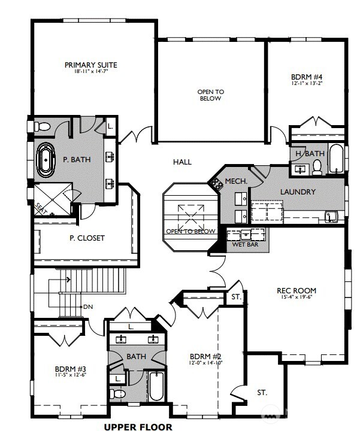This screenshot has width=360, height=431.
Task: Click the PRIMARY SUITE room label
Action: [91, 65]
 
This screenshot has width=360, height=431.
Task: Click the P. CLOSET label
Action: [87, 238]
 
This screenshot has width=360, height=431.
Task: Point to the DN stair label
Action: [88, 307]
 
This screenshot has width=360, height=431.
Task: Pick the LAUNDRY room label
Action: [298, 192]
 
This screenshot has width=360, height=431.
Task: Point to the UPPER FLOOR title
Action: [138, 427]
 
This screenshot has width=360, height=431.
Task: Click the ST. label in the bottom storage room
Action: [262, 393]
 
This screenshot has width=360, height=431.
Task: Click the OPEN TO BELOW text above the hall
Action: [210, 95]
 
